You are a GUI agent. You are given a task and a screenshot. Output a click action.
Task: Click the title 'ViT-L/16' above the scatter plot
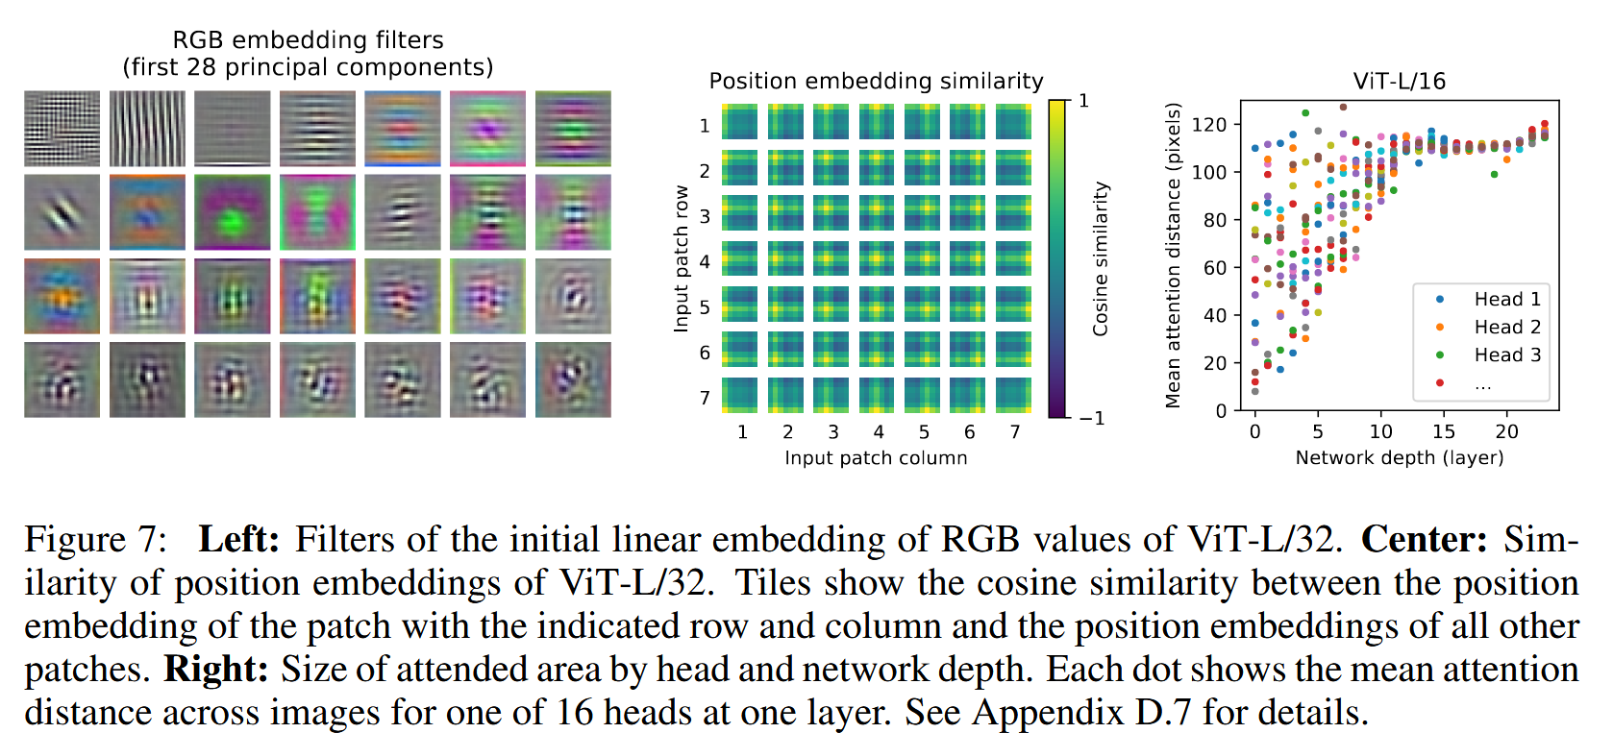tap(1399, 82)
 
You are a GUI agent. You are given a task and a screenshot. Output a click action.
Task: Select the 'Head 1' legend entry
tap(1506, 300)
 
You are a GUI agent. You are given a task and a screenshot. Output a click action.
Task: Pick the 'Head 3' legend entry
tap(1506, 355)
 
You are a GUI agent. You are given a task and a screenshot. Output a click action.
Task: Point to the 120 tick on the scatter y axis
tap(1209, 125)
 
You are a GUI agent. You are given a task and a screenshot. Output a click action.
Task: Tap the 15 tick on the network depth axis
tap(1444, 432)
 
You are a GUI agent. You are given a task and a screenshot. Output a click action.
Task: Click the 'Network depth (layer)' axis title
tap(1399, 458)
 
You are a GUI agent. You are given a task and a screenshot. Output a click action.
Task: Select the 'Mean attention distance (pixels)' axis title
tap(1173, 256)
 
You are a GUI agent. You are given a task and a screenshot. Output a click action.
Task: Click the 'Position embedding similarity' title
tap(876, 82)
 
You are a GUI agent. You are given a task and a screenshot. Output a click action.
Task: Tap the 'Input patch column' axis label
tap(876, 458)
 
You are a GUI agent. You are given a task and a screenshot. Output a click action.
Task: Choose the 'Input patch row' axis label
tap(682, 259)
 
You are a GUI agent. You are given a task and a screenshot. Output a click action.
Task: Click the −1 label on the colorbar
tap(1091, 419)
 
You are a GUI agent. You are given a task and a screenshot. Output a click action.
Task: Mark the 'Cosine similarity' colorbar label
tap(1101, 259)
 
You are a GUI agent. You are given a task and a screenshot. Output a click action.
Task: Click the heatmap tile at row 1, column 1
tap(740, 123)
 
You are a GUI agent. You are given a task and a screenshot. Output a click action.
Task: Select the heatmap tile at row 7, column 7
tap(1013, 395)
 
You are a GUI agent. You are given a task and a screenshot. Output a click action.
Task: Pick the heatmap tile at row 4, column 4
tap(877, 258)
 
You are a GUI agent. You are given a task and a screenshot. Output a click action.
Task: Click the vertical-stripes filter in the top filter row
tap(147, 129)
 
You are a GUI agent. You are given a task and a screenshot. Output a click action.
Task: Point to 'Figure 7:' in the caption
tap(95, 540)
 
